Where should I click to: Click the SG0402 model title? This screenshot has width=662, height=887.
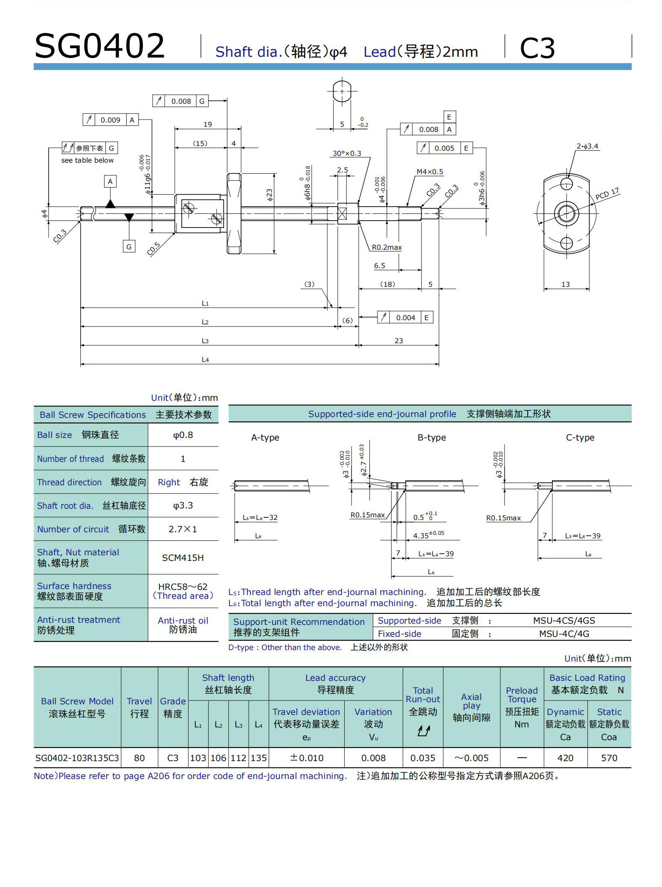pyautogui.click(x=99, y=46)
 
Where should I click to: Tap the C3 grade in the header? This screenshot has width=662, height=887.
pyautogui.click(x=537, y=48)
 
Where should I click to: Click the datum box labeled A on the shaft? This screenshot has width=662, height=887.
pyautogui.click(x=110, y=181)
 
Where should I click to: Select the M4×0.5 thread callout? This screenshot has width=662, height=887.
pyautogui.click(x=430, y=172)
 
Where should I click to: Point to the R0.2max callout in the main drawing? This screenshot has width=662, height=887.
pyautogui.click(x=386, y=247)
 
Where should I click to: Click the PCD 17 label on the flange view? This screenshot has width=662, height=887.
pyautogui.click(x=607, y=194)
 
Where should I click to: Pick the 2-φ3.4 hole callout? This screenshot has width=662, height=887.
pyautogui.click(x=587, y=146)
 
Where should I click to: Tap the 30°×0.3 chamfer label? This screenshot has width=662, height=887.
pyautogui.click(x=346, y=153)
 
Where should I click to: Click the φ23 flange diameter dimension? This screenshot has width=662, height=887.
pyautogui.click(x=270, y=195)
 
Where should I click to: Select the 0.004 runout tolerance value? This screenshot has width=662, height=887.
pyautogui.click(x=405, y=318)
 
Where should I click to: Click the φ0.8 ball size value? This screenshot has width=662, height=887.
pyautogui.click(x=183, y=435)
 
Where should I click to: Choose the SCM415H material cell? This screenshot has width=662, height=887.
pyautogui.click(x=183, y=557)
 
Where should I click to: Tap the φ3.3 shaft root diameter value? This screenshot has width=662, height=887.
pyautogui.click(x=183, y=505)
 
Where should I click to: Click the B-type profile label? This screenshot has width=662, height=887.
pyautogui.click(x=431, y=438)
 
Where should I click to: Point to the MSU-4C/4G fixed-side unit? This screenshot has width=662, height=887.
pyautogui.click(x=564, y=634)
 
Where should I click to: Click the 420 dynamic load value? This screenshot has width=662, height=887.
pyautogui.click(x=565, y=758)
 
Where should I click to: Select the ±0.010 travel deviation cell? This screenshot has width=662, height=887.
pyautogui.click(x=306, y=758)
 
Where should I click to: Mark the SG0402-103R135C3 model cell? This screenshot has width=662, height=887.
pyautogui.click(x=77, y=758)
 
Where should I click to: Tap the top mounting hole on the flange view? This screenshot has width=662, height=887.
pyautogui.click(x=566, y=184)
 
